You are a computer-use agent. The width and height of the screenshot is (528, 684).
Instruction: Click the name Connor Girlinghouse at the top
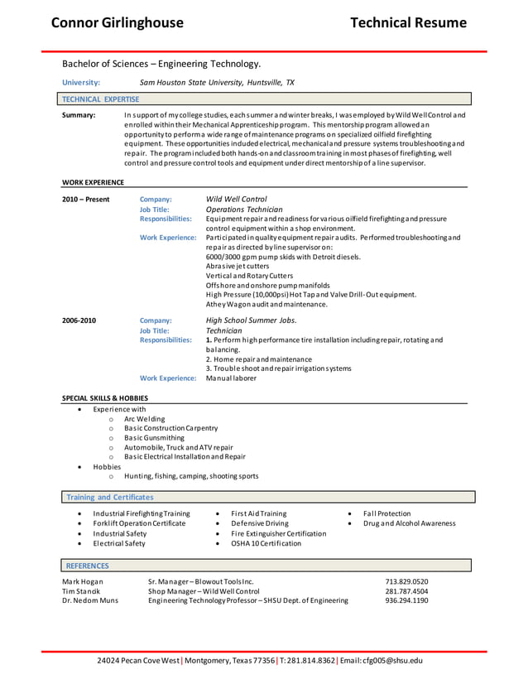pos(117,22)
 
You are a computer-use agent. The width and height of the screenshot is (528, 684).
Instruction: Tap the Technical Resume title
pos(408,22)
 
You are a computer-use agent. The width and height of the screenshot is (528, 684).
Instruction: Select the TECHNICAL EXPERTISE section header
pos(101,99)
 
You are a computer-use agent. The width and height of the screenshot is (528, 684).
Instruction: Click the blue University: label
pos(81,83)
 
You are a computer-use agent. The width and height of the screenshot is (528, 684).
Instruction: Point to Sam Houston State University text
pos(217,83)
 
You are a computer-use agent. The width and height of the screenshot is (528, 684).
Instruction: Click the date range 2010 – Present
pos(85,200)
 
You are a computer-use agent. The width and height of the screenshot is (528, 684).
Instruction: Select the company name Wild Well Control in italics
pos(236,199)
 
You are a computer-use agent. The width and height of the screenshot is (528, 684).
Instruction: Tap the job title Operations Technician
pos(243,210)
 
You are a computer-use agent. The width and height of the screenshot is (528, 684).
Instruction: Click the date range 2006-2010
pos(79,320)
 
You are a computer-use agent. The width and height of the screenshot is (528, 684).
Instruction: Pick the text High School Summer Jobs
pos(251,320)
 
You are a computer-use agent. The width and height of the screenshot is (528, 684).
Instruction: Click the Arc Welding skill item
pos(145,419)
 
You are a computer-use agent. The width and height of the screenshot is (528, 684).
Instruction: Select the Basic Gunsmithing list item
pos(154,438)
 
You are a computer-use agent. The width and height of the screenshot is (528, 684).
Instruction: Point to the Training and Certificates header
pos(110,497)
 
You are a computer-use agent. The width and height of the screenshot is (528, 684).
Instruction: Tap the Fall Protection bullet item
pos(386,513)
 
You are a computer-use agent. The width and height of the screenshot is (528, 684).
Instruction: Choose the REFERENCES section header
pos(87,566)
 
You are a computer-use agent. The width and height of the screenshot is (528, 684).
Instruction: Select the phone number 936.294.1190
pos(406,600)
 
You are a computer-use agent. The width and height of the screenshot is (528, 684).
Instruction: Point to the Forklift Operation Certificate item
pos(139,523)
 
